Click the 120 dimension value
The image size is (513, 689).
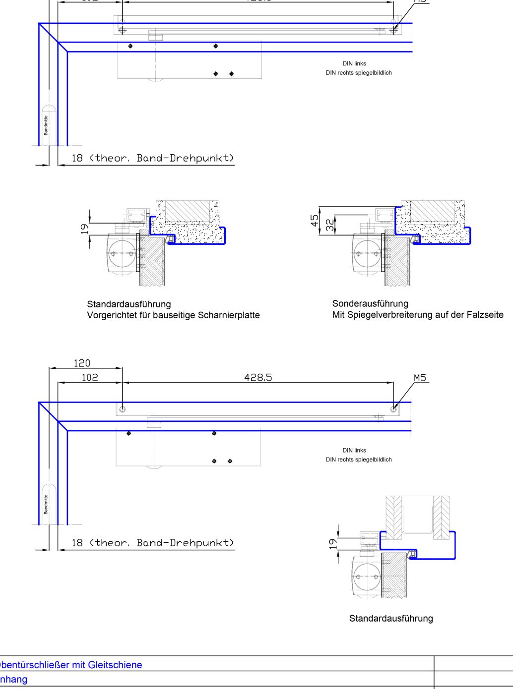[82, 363]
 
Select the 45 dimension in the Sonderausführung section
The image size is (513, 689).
[315, 221]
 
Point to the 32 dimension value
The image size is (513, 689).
[330, 225]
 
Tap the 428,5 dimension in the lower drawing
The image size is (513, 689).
[258, 378]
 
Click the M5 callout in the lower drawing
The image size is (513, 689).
[420, 378]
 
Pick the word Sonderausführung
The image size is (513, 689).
[370, 303]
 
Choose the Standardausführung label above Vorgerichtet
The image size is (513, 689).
[128, 304]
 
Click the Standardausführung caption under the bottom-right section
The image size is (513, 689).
[391, 618]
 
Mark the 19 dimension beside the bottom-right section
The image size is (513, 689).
[333, 543]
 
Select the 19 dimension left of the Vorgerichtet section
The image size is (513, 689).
[85, 229]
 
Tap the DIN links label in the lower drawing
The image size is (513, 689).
[354, 450]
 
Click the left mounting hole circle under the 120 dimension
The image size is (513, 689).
[123, 409]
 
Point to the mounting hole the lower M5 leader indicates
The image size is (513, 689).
[393, 409]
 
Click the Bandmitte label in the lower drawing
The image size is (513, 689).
[46, 504]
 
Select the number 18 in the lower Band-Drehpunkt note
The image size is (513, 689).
[77, 543]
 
